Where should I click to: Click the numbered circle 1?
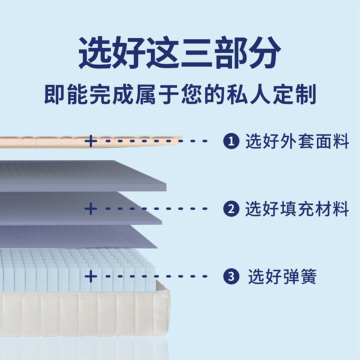tap(230, 142)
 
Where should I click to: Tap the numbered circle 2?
tap(230, 209)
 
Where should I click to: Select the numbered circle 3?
tap(231, 276)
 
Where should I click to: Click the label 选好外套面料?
tap(297, 142)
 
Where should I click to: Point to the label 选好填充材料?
tap(297, 209)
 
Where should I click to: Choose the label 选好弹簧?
tap(282, 276)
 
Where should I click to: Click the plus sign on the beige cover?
tap(90, 141)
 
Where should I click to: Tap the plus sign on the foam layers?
tap(90, 209)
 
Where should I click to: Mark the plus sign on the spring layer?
tap(90, 276)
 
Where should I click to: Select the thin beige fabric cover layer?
tap(45, 141)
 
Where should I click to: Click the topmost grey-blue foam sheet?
tap(81, 173)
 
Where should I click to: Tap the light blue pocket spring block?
tap(45, 270)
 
